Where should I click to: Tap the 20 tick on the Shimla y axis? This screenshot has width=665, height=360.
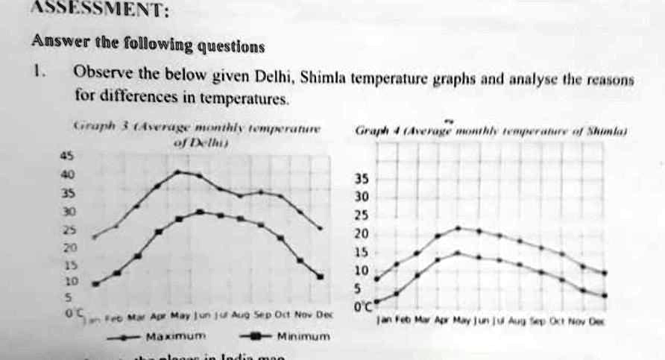click(360, 234)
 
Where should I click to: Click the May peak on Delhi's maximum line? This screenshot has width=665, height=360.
click(177, 171)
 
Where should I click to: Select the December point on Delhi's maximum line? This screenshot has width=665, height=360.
click(321, 228)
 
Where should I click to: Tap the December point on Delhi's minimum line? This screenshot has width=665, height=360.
click(321, 277)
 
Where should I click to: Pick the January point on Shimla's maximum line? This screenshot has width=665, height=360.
click(376, 280)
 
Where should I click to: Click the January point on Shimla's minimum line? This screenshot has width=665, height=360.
click(376, 302)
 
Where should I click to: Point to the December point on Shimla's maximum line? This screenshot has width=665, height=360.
click(604, 273)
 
